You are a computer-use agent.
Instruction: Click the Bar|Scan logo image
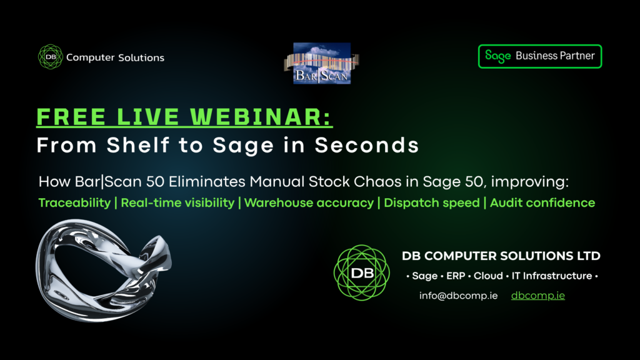pos(322,63)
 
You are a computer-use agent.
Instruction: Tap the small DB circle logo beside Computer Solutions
pos(50,57)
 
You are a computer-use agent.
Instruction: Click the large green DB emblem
pos(362,272)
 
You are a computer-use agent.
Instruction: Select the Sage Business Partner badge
pos(540,56)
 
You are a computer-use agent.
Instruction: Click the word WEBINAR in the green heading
pos(261,117)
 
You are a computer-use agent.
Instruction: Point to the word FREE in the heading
pos(71,117)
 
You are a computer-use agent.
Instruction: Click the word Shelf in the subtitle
pos(138,145)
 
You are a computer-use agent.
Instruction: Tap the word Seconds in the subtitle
pos(366,145)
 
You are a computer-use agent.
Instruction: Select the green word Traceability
pos(75,203)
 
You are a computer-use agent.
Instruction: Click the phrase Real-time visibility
pos(177,203)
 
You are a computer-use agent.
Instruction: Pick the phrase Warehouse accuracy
pos(309,203)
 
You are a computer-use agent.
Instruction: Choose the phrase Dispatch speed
pos(432,203)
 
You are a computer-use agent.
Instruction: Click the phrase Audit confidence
pos(542,203)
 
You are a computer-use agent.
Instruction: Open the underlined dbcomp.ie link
pos(538,296)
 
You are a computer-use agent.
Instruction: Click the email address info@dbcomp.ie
pos(458,296)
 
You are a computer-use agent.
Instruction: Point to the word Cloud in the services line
pos(488,276)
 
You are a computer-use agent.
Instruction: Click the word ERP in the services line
pos(456,276)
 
